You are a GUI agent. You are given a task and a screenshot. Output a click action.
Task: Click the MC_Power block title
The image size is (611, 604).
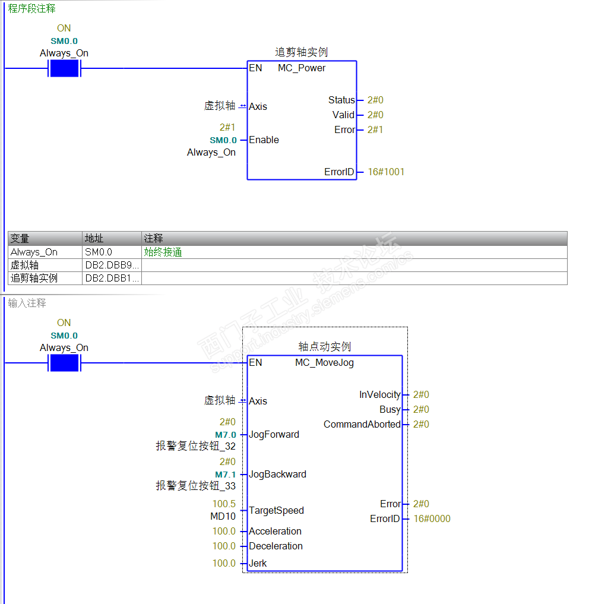(302, 68)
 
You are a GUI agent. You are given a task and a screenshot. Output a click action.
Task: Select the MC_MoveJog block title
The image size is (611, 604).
(324, 363)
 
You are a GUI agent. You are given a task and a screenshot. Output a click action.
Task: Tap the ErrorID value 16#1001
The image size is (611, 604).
(386, 172)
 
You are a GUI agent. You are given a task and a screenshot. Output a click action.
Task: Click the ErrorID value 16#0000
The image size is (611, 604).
(432, 518)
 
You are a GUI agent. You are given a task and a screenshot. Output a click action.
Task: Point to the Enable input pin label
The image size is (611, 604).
(264, 140)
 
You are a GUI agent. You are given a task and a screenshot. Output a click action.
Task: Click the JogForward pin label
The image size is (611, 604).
(274, 435)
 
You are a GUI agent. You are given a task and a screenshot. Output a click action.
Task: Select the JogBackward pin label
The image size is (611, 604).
(277, 475)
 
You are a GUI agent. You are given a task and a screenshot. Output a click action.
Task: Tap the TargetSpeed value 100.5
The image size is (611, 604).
(224, 504)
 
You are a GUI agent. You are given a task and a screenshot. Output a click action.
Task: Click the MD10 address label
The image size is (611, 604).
(223, 516)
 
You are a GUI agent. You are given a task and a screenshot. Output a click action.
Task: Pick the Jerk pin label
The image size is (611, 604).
(258, 563)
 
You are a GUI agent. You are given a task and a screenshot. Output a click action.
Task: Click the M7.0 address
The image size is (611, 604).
(226, 435)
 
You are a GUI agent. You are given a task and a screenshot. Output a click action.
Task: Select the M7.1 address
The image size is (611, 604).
(226, 475)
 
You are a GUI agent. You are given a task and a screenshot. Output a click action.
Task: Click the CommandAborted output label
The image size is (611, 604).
(362, 425)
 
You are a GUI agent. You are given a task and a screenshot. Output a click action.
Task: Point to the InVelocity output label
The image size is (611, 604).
(379, 395)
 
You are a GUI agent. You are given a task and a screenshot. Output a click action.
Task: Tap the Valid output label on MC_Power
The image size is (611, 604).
(343, 115)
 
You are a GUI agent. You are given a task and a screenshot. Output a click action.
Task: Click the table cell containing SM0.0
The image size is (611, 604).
(112, 252)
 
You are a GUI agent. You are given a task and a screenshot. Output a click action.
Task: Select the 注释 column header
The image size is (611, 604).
(154, 238)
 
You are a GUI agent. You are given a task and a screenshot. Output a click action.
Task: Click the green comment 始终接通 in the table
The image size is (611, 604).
(163, 252)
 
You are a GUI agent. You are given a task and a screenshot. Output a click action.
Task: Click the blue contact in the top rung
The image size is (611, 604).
(64, 68)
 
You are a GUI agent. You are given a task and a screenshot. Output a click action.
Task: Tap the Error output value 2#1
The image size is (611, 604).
(375, 129)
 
